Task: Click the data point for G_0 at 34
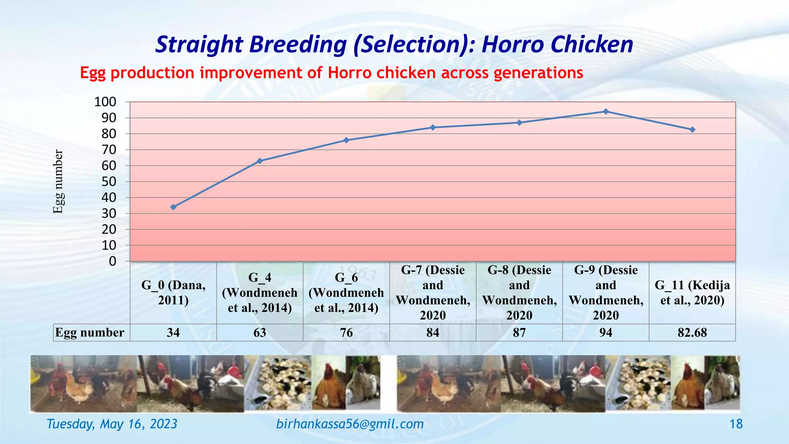173,207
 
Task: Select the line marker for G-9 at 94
606,111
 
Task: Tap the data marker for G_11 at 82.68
692,129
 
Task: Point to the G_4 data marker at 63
260,161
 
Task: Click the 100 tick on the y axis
105,102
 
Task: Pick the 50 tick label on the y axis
109,182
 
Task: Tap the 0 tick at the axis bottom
112,261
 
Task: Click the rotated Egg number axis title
58,182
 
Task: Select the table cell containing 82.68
692,332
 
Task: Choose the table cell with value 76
346,332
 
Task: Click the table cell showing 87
519,332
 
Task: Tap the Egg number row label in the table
90,332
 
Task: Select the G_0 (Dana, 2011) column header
173,293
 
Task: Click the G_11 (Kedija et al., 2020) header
692,293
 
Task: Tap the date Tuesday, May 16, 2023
112,424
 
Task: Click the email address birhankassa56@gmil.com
350,424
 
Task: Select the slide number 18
736,424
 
